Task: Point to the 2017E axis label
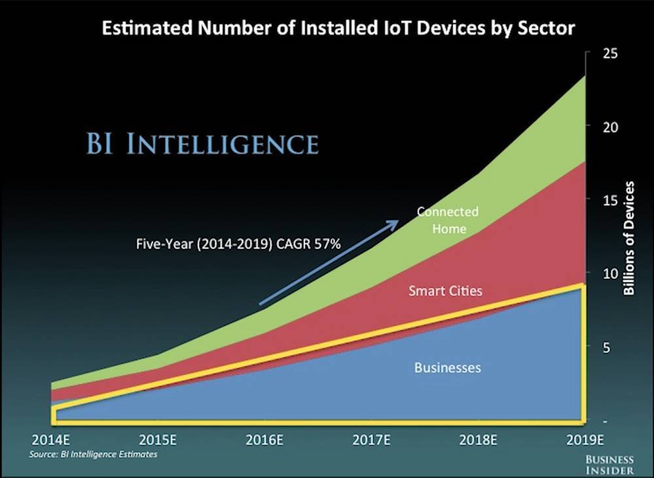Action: [x=370, y=438]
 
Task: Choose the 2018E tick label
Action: [x=477, y=438]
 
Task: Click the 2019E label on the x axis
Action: [x=583, y=438]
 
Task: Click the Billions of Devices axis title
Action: [x=629, y=239]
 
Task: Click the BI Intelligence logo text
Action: [x=203, y=144]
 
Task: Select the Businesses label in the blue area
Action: [x=447, y=367]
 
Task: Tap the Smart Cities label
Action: [x=445, y=290]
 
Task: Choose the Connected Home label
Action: [x=448, y=220]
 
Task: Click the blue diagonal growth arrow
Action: [x=328, y=262]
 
